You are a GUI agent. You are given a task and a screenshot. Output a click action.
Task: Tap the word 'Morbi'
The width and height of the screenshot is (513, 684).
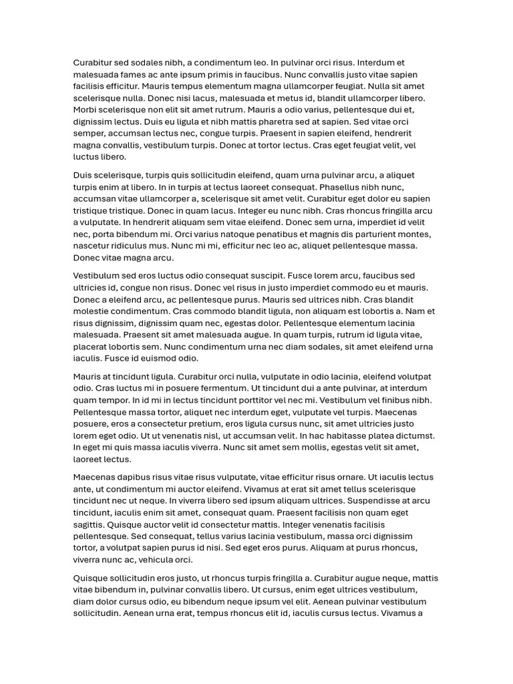pyautogui.click(x=85, y=110)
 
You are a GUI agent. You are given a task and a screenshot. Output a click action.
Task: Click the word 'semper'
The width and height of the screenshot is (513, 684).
pyautogui.click(x=89, y=134)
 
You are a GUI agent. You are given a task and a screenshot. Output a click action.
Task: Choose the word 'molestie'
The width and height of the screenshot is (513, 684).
pyautogui.click(x=91, y=311)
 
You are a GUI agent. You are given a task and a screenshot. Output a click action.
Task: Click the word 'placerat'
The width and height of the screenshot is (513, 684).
pyautogui.click(x=90, y=347)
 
